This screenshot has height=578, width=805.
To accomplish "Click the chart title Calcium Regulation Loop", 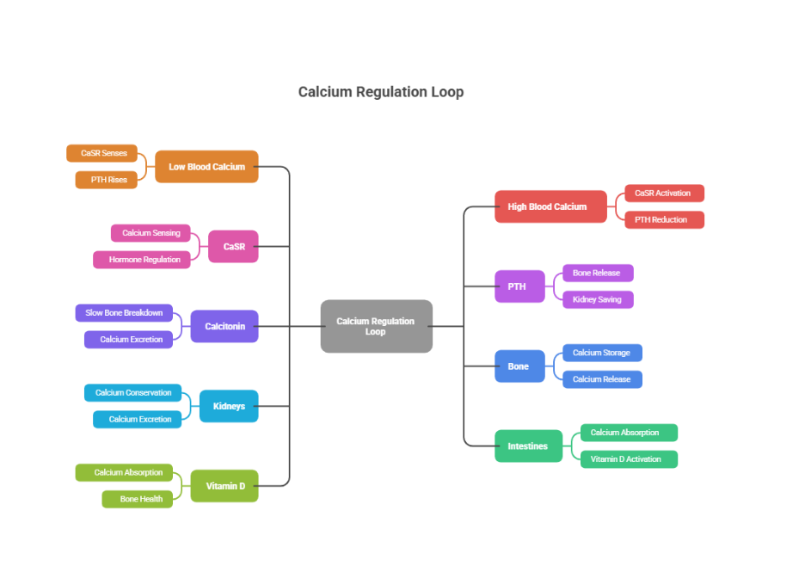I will click(380, 92).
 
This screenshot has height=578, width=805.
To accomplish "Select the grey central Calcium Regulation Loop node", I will click(376, 326).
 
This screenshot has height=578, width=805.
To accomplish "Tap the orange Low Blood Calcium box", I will click(206, 167).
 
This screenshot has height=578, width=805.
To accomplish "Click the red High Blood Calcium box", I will click(550, 206).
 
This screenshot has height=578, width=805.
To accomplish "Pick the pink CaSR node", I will click(233, 246).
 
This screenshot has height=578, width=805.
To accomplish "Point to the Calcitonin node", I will click(224, 326).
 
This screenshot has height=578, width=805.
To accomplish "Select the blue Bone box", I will click(519, 366).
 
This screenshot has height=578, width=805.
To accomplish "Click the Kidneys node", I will click(229, 406).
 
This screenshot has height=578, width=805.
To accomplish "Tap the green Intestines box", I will click(528, 446).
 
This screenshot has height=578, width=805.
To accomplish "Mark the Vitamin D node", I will click(224, 486).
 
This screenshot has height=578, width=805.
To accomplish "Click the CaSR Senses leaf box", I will click(102, 153).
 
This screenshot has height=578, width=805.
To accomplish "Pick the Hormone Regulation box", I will click(142, 260).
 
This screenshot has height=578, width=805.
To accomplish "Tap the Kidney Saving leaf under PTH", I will click(598, 299).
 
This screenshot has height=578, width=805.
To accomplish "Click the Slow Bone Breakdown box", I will click(124, 313).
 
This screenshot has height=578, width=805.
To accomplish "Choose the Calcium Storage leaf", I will click(602, 353).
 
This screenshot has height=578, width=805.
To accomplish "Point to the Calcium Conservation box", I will click(132, 393).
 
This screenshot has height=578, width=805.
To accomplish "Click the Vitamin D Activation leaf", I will click(629, 459).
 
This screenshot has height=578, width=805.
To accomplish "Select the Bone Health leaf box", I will click(138, 499).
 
